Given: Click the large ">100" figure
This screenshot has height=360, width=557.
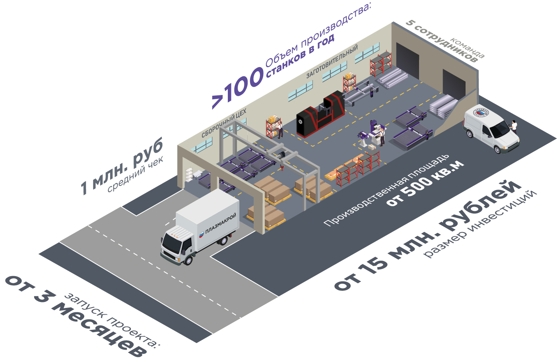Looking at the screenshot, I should coord(237,89).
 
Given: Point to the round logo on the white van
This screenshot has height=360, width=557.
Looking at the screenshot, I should coord(481,113).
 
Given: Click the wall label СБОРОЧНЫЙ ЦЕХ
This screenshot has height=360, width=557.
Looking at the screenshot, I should coord(224,123).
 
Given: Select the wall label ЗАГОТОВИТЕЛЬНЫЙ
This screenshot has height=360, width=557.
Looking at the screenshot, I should coord(332,62).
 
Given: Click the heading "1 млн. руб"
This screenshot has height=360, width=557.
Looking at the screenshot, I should coord(122,167).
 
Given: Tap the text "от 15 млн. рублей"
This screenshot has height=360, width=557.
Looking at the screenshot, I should coord(427,234).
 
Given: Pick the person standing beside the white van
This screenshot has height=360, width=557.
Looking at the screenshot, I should coord(514,127).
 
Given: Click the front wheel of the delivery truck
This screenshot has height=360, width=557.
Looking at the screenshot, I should coord(188,260).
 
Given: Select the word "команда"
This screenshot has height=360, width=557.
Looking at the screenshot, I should coord(468,48).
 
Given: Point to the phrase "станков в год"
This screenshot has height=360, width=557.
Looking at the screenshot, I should coord(300,55).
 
